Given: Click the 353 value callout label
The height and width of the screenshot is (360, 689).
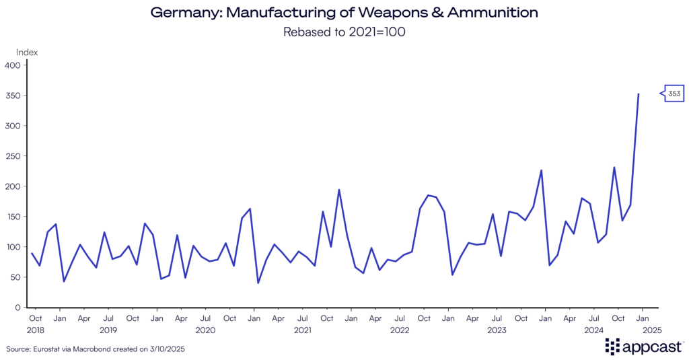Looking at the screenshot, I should coord(674,94).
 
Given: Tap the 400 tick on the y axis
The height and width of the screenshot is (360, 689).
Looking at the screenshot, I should coord(13,65).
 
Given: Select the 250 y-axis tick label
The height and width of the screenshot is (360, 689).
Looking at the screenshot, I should coord(13,156).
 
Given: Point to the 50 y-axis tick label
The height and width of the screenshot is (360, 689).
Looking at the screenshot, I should coord(15,277).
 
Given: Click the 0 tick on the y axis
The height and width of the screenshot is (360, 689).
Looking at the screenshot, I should coord(17,308).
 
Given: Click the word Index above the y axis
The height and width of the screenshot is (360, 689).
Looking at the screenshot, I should coord(27,52).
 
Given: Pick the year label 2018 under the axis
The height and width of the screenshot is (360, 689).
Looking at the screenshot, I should coord(36,330).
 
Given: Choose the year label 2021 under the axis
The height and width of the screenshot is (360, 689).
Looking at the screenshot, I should coord(302,330).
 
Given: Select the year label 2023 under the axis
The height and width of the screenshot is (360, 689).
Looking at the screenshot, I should coord(497,330).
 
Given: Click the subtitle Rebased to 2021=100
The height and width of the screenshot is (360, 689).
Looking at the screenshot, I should coord(344,31).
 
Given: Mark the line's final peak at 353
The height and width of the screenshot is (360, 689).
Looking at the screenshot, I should coord(638,94).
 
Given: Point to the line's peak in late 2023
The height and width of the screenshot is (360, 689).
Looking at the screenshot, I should coord(542,170).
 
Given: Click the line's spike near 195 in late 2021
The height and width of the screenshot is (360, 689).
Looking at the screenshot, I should coord(338,190).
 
